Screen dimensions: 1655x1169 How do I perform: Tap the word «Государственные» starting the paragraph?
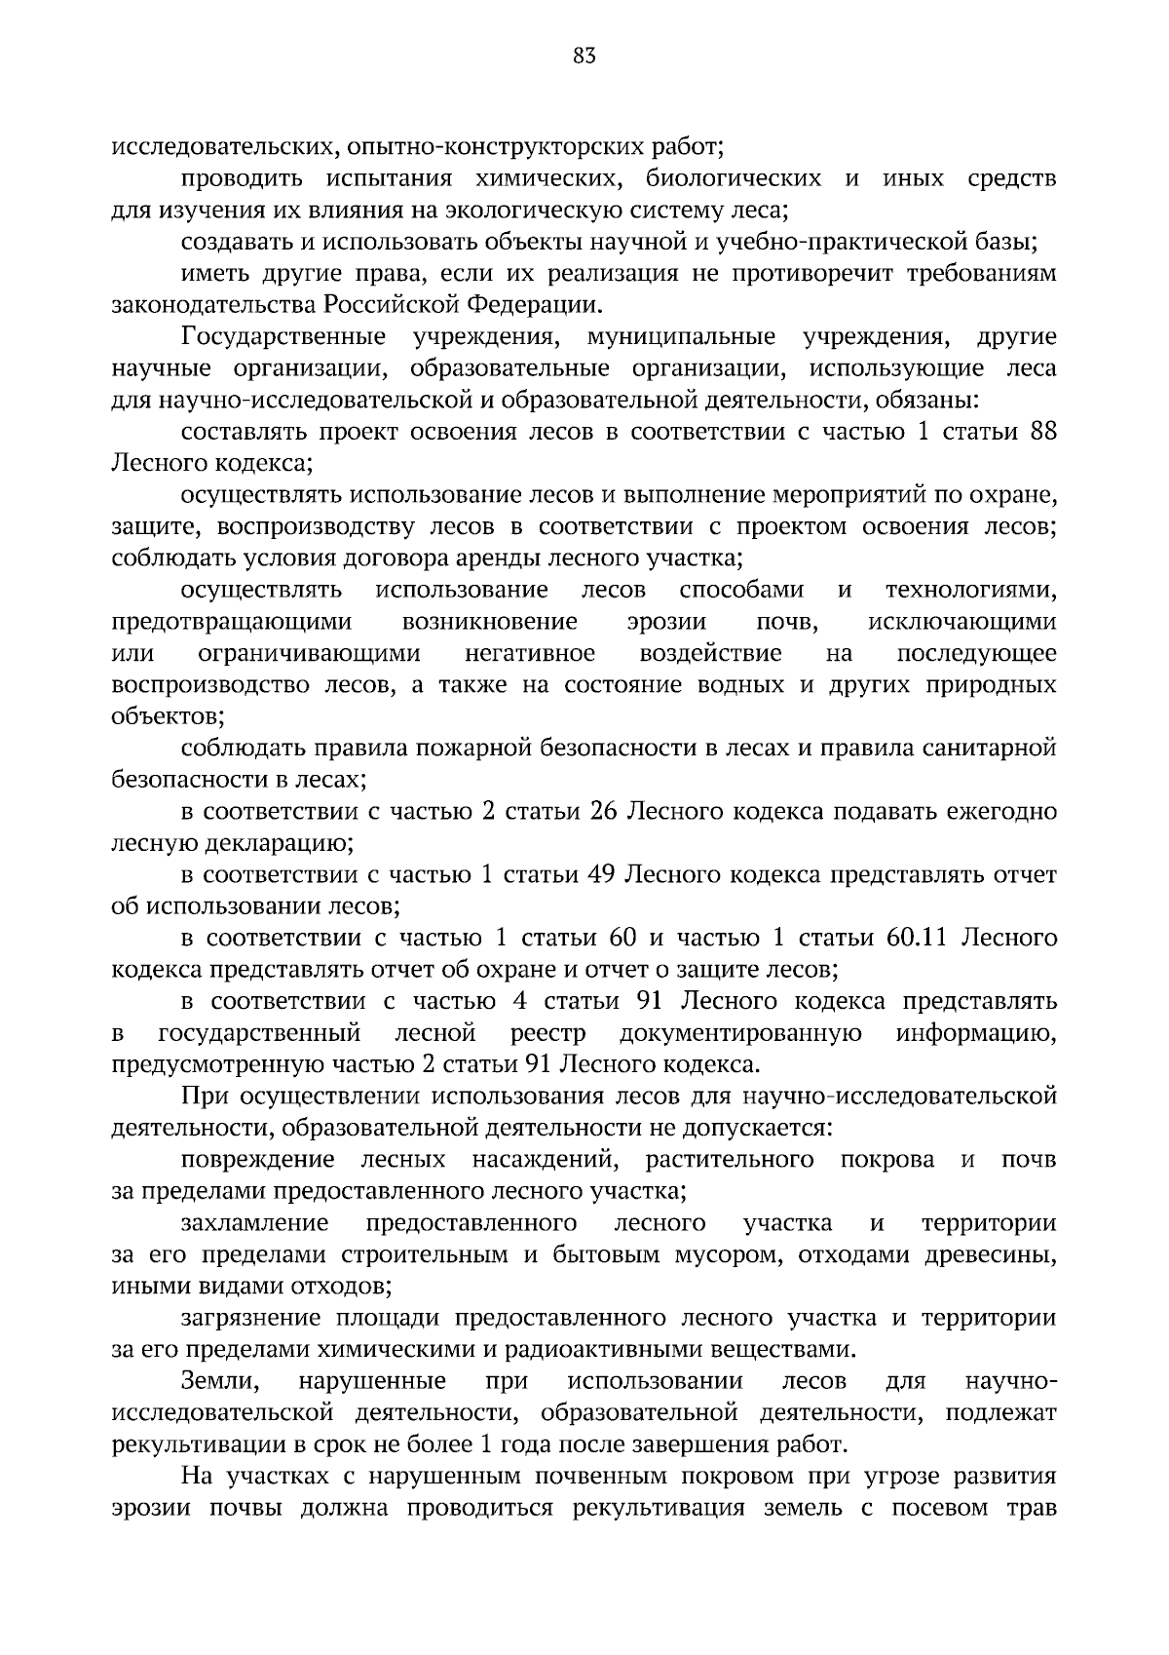[283, 337]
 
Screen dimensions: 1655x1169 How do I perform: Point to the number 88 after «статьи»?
[1043, 432]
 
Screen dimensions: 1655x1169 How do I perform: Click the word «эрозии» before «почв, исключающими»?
[667, 622]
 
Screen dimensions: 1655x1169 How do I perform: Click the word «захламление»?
[255, 1222]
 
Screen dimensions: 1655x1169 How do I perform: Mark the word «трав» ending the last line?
[1032, 1508]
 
